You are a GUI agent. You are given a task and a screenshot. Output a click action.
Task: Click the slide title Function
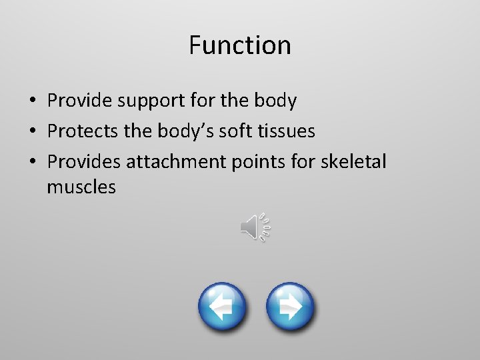[239, 45]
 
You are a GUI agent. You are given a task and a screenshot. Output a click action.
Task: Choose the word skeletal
[357, 161]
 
